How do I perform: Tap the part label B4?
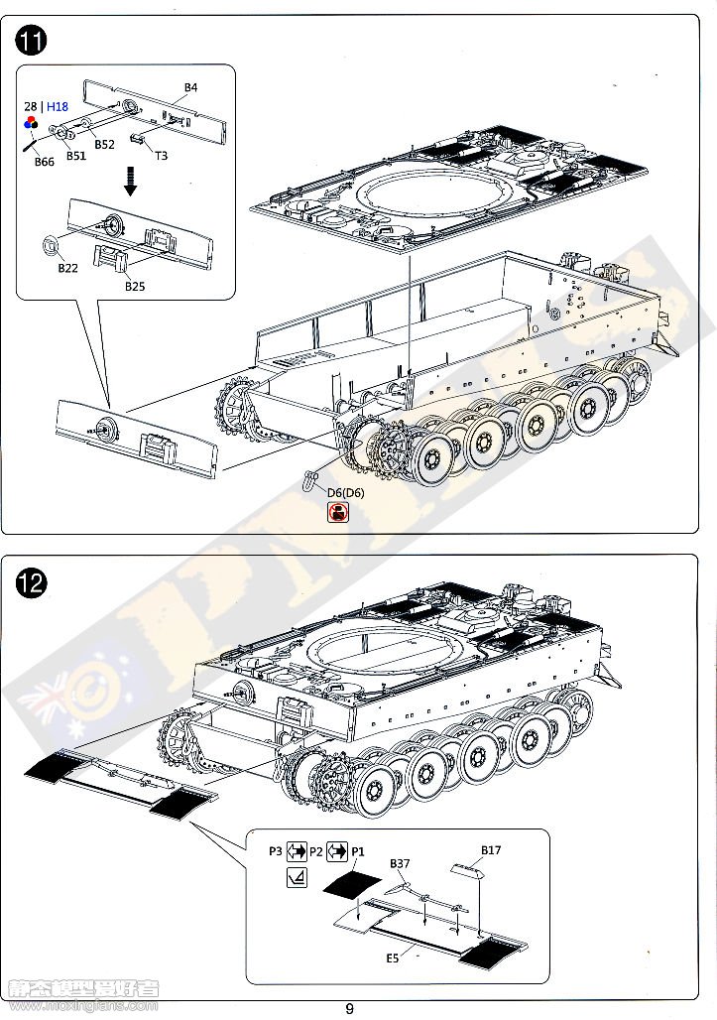pos(190,88)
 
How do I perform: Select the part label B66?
pos(44,162)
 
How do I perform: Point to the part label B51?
pos(76,156)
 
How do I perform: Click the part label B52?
pos(104,145)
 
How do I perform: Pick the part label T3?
pos(161,155)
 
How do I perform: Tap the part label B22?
pos(67,269)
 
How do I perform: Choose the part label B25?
pos(135,287)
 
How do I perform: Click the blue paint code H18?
pos(57,106)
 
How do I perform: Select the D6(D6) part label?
pos(338,493)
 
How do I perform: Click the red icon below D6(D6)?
pos(338,512)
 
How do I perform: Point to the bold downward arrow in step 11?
pos(129,180)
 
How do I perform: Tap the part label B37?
pos(400,864)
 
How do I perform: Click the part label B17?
pos(491,850)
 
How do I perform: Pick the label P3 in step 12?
pos(275,851)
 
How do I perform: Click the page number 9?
pos(349,1009)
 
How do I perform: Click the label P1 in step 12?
pos(358,851)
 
